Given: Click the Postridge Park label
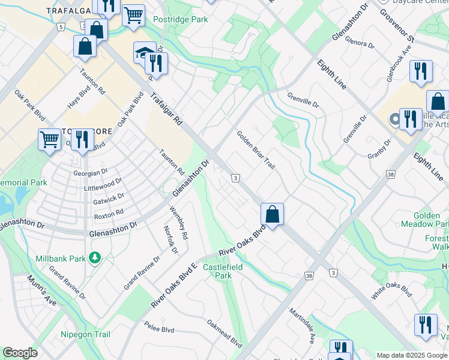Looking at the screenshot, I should (x=180, y=19).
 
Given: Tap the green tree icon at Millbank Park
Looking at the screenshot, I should (x=94, y=258).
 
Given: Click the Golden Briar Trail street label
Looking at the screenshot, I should (x=255, y=150).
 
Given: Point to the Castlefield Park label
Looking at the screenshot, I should (x=217, y=271).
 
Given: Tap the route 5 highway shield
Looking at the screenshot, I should (x=61, y=27).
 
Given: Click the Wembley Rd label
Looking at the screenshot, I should (x=178, y=223).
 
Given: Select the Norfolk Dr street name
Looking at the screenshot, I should (x=170, y=239).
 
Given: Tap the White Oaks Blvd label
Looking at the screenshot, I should (x=391, y=289).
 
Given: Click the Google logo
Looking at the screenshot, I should (x=20, y=353).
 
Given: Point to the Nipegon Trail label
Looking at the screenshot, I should (x=85, y=334).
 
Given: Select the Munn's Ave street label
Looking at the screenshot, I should (x=41, y=290).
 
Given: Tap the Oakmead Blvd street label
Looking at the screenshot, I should (x=224, y=334).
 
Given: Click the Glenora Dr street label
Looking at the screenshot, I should (x=360, y=44).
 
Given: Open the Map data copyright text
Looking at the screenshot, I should (x=411, y=355).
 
